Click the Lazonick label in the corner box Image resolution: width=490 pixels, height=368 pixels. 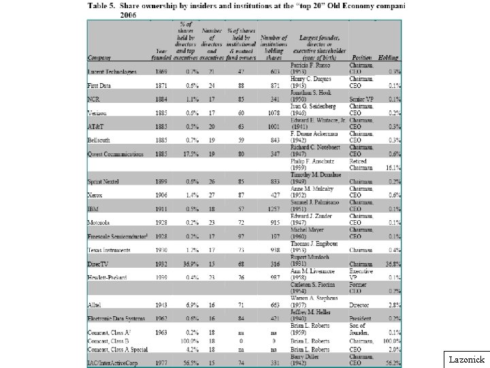pyautogui.click(x=467, y=357)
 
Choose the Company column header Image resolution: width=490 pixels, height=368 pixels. pyautogui.click(x=101, y=57)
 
